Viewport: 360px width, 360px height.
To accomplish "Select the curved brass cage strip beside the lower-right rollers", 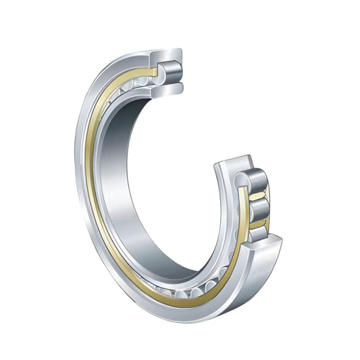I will tap(242, 223).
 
